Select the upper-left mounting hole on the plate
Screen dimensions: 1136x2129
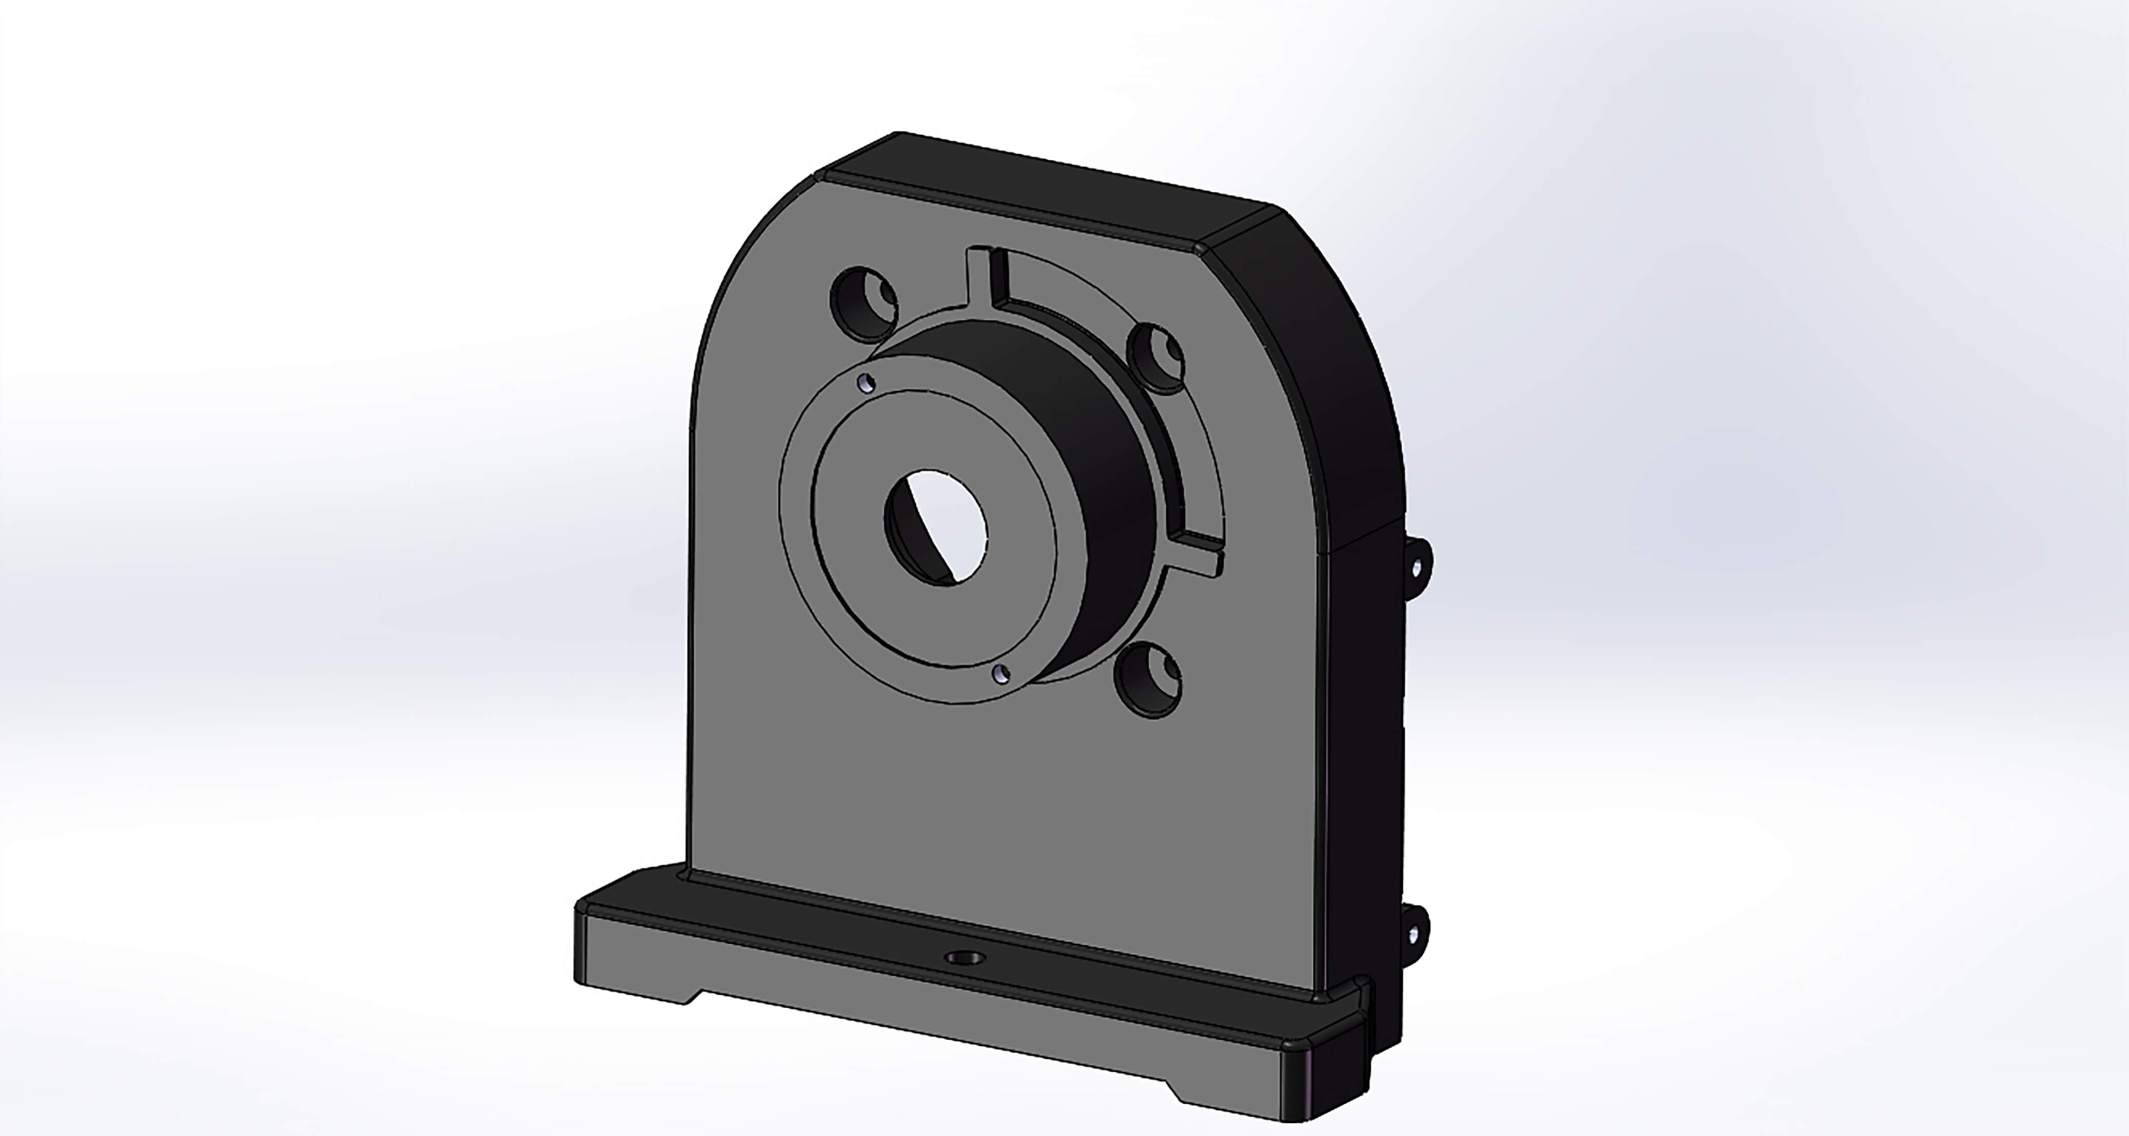tap(864, 303)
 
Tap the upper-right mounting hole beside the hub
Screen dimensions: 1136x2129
tap(1157, 356)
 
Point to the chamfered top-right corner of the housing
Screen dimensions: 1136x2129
tap(1240, 230)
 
